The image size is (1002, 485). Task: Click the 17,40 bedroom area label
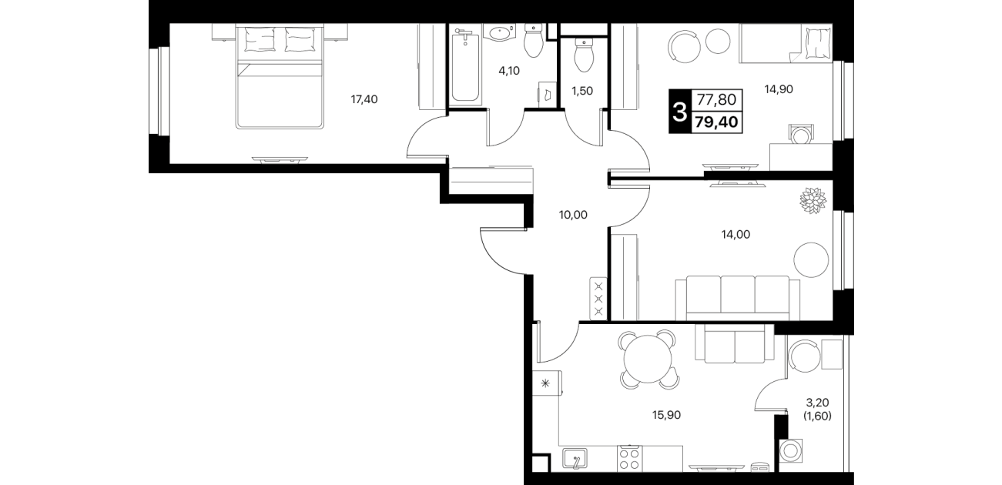[364, 99]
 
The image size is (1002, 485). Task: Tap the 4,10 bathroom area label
[509, 71]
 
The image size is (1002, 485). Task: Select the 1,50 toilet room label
[582, 91]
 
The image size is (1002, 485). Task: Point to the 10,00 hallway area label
[573, 215]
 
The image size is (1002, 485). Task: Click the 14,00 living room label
[736, 234]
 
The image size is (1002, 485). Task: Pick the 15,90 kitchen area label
[666, 415]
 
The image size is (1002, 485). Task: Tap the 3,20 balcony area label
[817, 403]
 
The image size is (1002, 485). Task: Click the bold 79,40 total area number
[716, 122]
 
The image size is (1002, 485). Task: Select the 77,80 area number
[716, 99]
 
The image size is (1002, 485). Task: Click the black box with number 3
[680, 112]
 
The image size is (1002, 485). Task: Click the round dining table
[648, 358]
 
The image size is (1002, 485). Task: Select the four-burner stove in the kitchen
[629, 459]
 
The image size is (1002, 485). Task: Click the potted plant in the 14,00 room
[813, 200]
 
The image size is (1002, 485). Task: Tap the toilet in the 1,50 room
[583, 55]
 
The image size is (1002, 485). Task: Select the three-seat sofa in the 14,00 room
[738, 298]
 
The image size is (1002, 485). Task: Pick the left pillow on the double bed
[260, 39]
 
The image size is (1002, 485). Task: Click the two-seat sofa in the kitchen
[735, 343]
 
